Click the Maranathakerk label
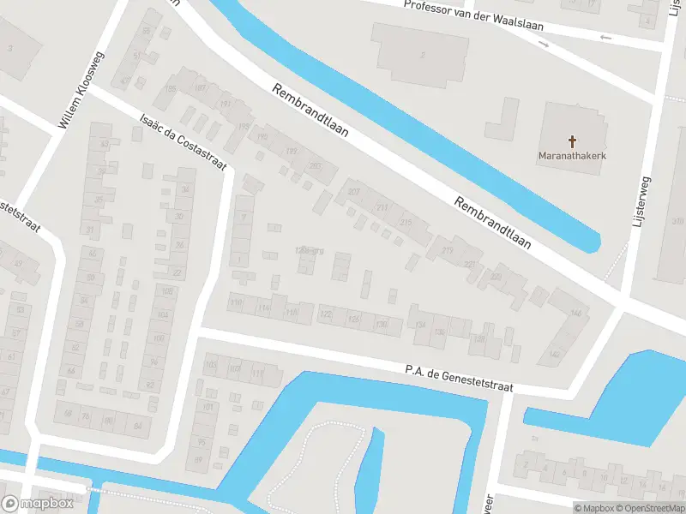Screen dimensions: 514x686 573,156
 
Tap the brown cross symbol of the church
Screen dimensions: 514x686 573,140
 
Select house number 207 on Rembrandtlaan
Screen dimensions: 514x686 354,191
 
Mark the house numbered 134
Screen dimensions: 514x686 420,326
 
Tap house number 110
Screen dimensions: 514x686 236,302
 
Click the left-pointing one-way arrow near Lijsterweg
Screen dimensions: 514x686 605,38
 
